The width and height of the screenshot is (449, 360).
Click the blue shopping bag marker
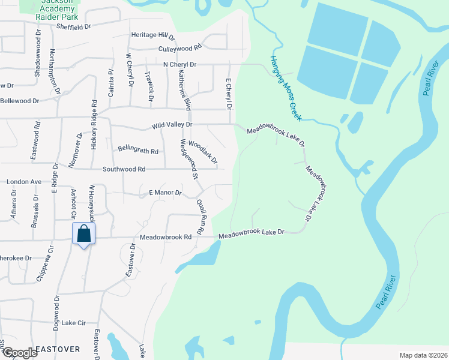[x=83, y=234]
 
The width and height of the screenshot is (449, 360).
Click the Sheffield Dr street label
[x=73, y=27]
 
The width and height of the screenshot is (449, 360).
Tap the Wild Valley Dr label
[x=171, y=124]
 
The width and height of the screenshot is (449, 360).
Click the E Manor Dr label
[x=164, y=193]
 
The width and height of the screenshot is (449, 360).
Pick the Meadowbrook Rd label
[x=165, y=237]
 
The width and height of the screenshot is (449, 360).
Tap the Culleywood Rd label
[x=179, y=47]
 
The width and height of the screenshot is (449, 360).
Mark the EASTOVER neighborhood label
[x=58, y=349]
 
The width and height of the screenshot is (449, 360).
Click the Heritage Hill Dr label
[x=153, y=36]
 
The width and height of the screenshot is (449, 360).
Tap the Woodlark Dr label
[x=203, y=153]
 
